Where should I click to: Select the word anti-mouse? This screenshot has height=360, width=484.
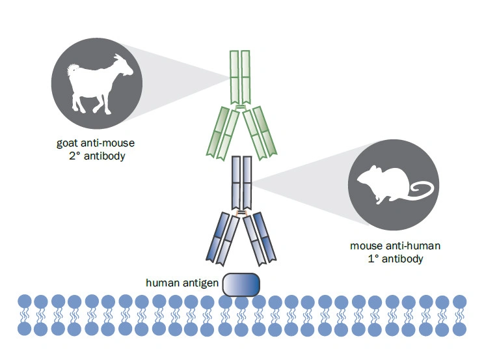click(107, 143)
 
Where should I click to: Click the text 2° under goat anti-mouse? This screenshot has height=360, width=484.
click(75, 156)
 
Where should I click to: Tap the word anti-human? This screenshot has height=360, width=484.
click(413, 245)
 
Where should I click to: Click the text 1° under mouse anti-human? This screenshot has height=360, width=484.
click(373, 258)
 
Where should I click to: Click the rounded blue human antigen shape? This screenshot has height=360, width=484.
click(241, 284)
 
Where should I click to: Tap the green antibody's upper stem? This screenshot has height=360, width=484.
click(240, 77)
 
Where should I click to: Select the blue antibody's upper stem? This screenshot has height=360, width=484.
click(242, 183)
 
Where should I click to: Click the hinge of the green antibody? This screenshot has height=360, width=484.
click(241, 107)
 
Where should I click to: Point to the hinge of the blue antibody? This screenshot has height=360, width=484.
click(241, 213)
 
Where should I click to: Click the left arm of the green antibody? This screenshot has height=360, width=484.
click(223, 133)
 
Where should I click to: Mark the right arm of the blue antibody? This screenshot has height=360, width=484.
click(260, 238)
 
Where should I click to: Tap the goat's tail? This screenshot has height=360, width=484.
click(73, 68)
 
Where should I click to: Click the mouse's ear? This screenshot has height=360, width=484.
click(374, 169)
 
